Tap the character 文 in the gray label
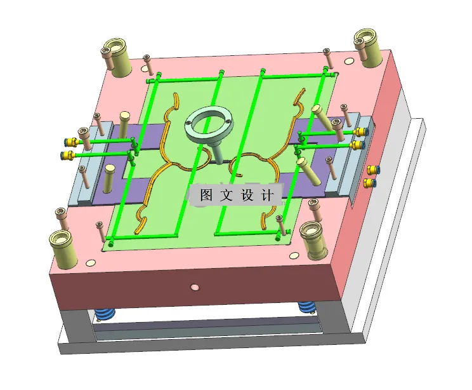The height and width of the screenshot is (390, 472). [227, 196]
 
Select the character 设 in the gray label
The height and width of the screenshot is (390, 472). [248, 196]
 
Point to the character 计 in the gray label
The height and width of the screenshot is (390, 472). [268, 196]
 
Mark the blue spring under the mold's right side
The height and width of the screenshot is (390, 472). [307, 307]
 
